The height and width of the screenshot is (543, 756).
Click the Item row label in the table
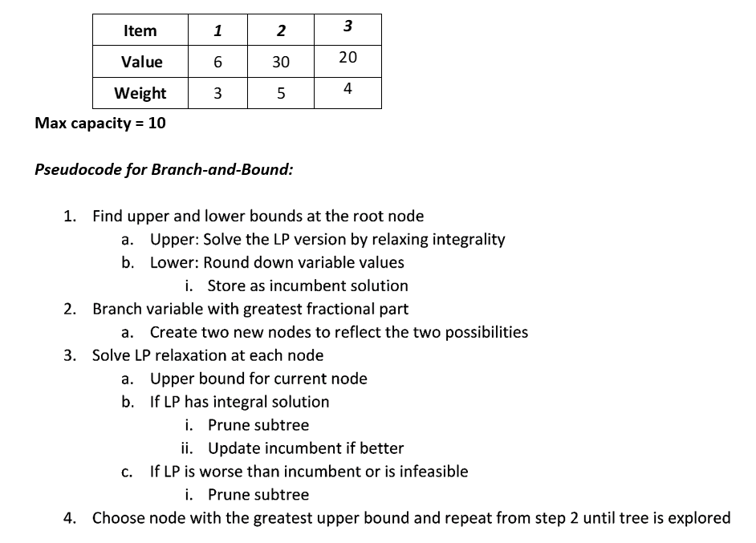click(x=140, y=31)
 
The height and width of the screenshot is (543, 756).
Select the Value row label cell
click(x=141, y=62)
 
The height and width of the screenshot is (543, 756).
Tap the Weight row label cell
click(x=140, y=93)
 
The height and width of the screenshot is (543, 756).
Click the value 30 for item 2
click(x=281, y=62)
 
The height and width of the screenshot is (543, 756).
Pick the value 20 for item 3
click(x=348, y=57)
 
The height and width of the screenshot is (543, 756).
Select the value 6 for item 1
click(x=217, y=62)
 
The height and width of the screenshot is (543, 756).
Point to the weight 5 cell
click(x=281, y=93)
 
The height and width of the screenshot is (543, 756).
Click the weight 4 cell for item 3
click(x=348, y=88)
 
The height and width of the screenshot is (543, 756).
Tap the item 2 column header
click(x=280, y=31)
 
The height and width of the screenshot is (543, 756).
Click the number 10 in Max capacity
click(x=157, y=124)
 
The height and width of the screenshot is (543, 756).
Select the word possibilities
click(x=486, y=332)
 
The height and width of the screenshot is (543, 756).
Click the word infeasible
click(x=434, y=472)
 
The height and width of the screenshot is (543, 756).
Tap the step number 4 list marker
click(x=69, y=518)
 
